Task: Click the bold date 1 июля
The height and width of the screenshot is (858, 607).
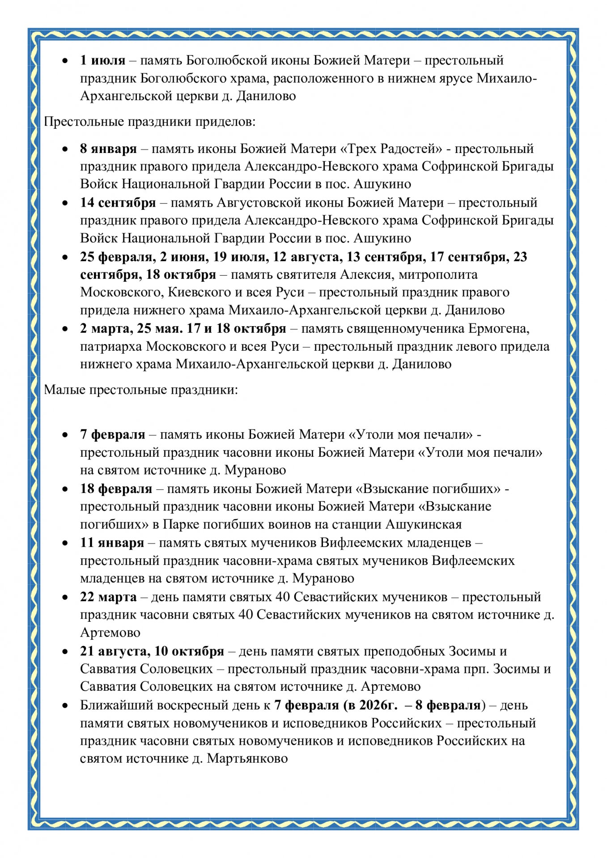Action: pyautogui.click(x=102, y=60)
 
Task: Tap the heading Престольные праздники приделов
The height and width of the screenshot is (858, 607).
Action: pyautogui.click(x=149, y=122)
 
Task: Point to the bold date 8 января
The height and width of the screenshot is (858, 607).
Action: pyautogui.click(x=108, y=149)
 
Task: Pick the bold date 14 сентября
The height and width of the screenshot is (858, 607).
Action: pyautogui.click(x=118, y=203)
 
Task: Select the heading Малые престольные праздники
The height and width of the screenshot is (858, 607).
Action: pyautogui.click(x=141, y=390)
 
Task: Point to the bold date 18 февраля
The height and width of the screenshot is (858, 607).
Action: pyautogui.click(x=116, y=489)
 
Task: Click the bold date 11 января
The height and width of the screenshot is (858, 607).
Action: pyautogui.click(x=112, y=543)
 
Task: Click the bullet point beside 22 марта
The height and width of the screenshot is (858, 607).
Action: pyautogui.click(x=65, y=598)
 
